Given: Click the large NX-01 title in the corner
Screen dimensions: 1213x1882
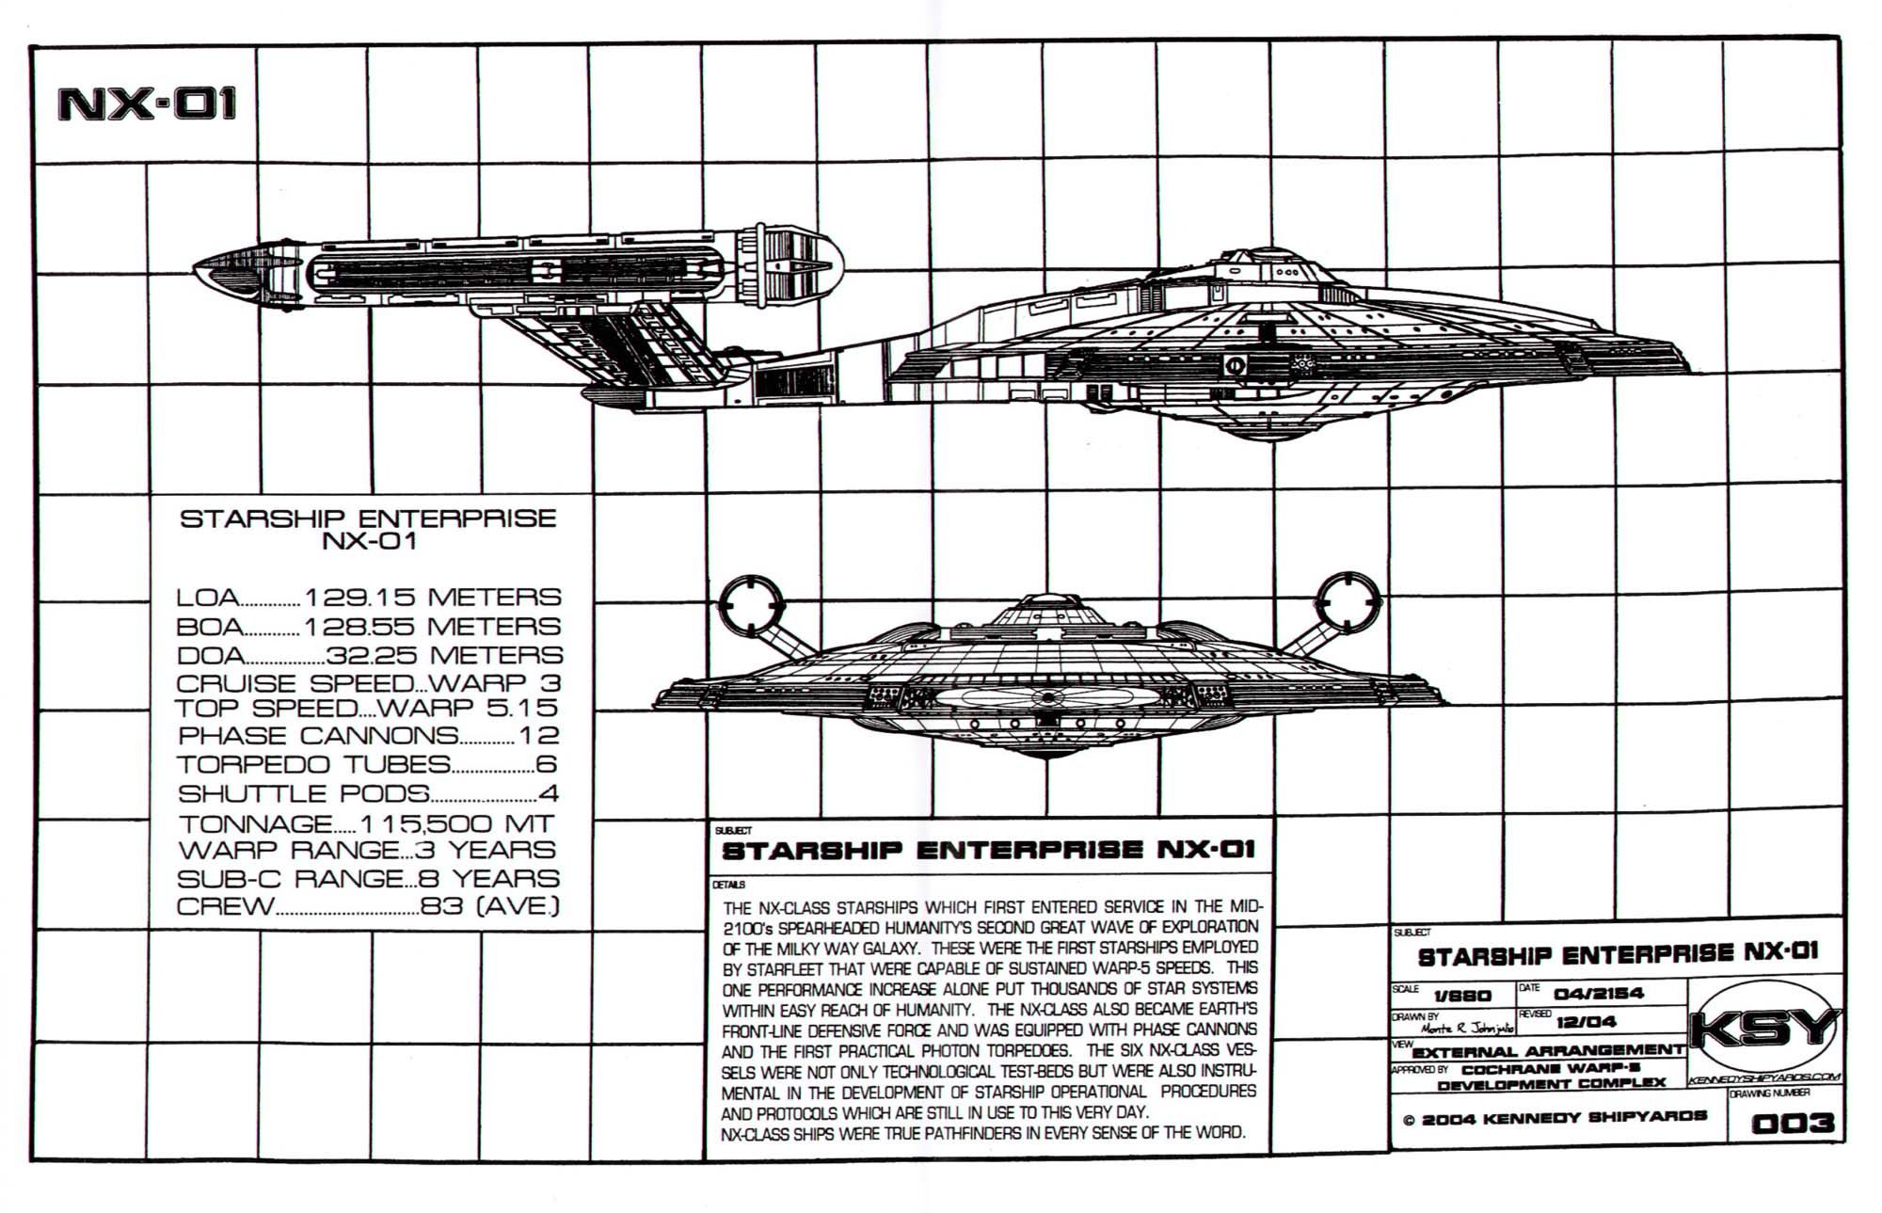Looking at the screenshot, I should point(147,104).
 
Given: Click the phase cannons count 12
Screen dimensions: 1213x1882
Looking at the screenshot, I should point(538,736).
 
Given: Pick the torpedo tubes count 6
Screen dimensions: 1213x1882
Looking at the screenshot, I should point(546,764).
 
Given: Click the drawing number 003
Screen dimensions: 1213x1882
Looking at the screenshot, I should point(1793,1123).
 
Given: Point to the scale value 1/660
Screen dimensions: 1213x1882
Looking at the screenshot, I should point(1462,996).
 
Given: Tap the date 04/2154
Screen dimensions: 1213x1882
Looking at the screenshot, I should point(1599,994).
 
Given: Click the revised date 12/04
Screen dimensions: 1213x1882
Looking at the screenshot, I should point(1587,1022).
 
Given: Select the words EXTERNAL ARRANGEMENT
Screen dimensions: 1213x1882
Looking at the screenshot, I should point(1549,1051).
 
